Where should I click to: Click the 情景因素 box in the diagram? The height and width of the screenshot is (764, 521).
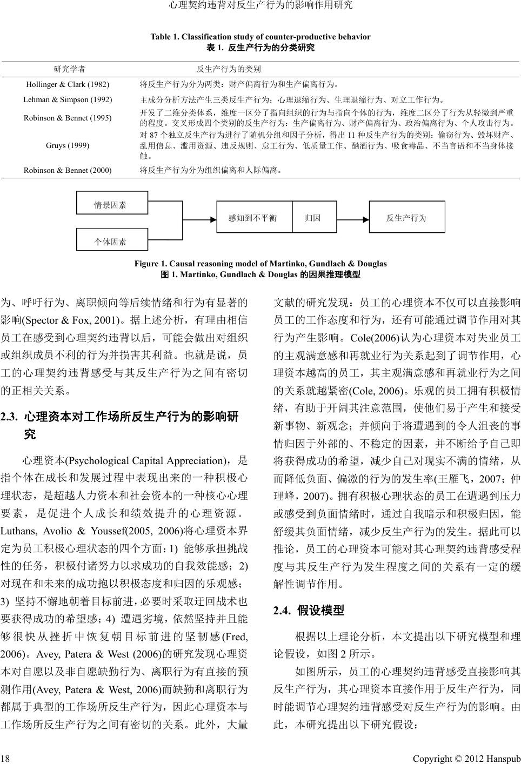point(110,205)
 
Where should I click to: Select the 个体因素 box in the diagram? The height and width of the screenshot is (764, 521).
point(110,240)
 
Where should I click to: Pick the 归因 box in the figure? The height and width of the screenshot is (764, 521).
point(312,218)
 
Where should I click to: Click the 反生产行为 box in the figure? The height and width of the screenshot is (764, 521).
point(406,218)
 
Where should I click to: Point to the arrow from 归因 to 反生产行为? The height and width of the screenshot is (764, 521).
point(351,218)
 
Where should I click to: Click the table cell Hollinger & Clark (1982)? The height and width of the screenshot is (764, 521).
point(68,85)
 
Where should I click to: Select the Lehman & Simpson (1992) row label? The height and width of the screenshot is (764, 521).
point(68,100)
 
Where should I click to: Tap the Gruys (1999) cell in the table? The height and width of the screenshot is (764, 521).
point(68,146)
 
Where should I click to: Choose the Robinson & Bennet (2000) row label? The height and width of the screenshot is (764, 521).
point(68,170)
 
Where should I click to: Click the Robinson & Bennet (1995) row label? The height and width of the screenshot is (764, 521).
point(68,118)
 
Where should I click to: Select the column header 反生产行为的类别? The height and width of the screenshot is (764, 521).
point(229,69)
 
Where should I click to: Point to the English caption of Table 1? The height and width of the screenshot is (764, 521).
point(260,37)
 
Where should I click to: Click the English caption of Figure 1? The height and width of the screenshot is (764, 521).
point(260,264)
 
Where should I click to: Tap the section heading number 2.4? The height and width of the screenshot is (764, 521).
point(282,611)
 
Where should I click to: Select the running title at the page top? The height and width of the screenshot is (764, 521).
point(260,5)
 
